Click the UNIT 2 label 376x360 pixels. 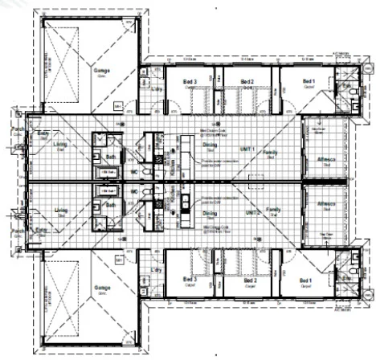253,212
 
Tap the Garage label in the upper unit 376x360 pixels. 102,70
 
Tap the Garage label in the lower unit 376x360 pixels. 102,287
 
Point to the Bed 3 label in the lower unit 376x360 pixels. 190,279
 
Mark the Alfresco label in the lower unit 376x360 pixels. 325,203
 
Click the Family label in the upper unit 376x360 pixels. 271,153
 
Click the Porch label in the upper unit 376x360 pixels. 17,129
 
